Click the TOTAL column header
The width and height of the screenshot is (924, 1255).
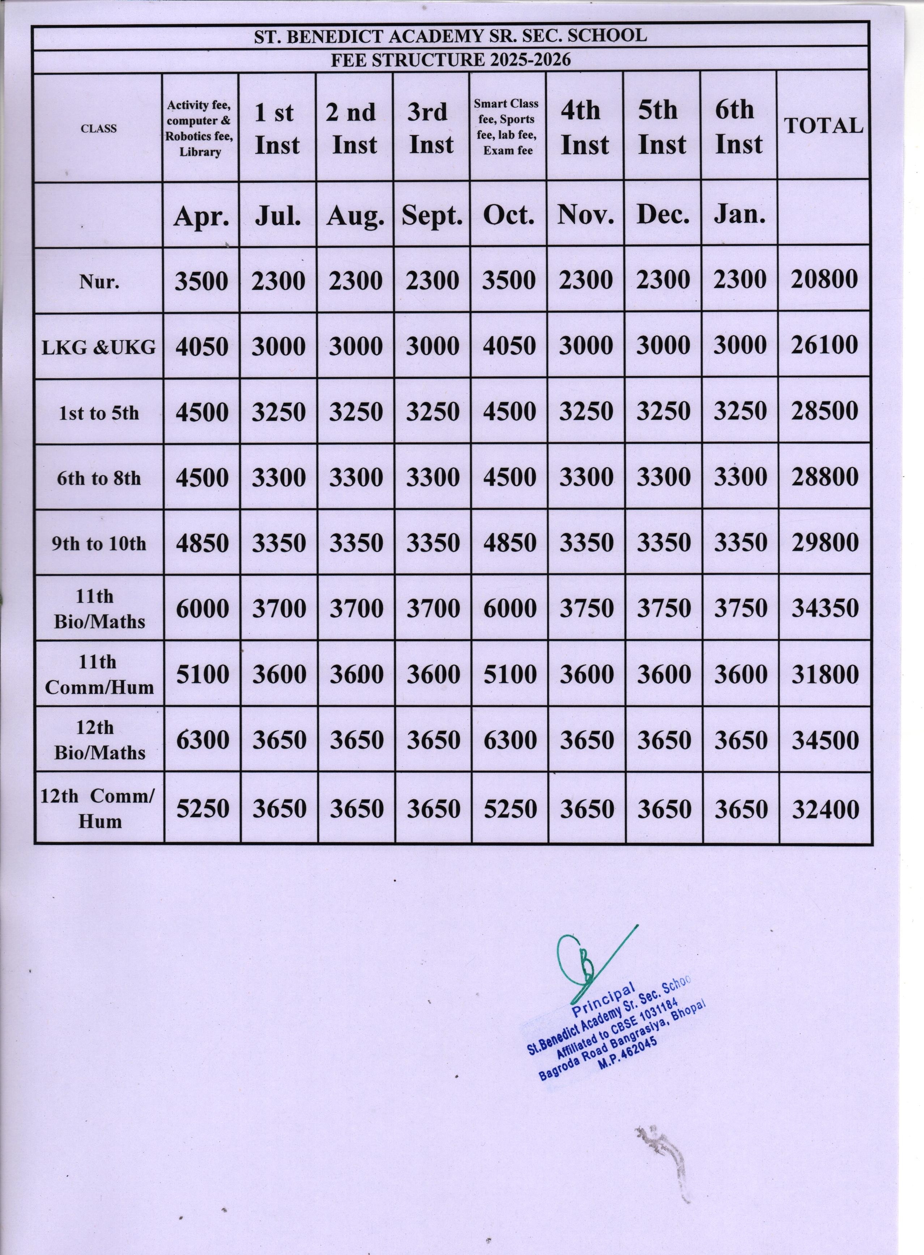(x=823, y=126)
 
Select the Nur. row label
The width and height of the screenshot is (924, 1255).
(x=99, y=281)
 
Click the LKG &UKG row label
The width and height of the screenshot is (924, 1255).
(x=99, y=347)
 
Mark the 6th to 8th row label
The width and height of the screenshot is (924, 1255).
(x=99, y=478)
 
